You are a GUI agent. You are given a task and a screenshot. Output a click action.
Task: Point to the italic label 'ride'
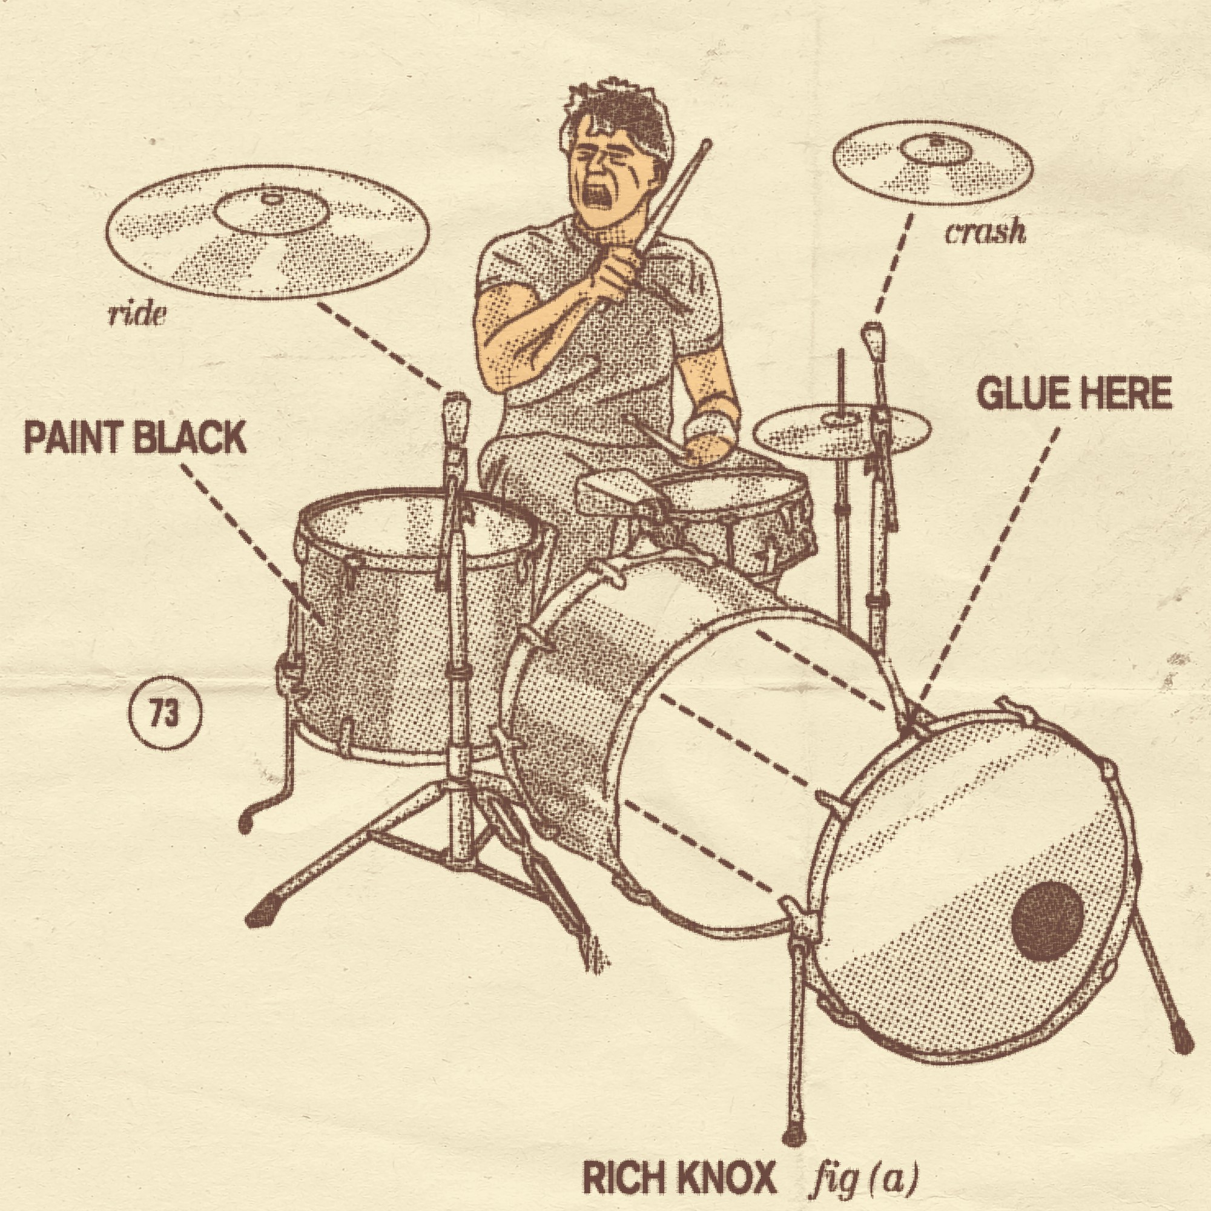tap(137, 315)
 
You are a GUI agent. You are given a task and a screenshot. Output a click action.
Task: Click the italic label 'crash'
tap(985, 233)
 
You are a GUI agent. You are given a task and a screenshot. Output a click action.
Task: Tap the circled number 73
tap(165, 714)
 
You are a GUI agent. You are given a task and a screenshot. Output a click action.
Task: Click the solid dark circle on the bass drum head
tap(1048, 912)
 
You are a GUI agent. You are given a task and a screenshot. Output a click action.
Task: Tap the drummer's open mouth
tap(595, 196)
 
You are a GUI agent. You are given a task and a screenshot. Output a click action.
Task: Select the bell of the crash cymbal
tap(934, 149)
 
